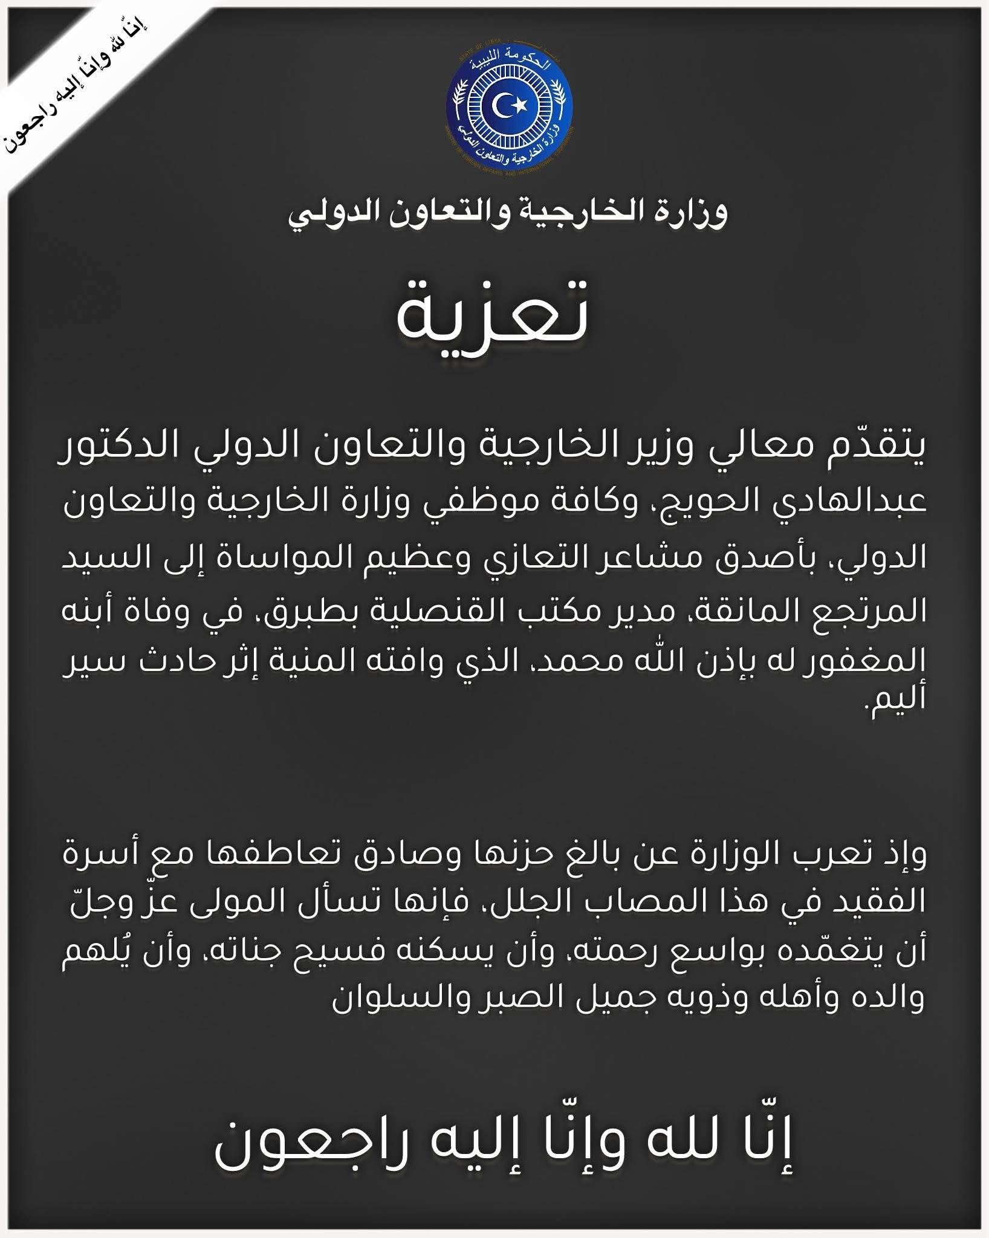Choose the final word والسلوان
387,999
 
